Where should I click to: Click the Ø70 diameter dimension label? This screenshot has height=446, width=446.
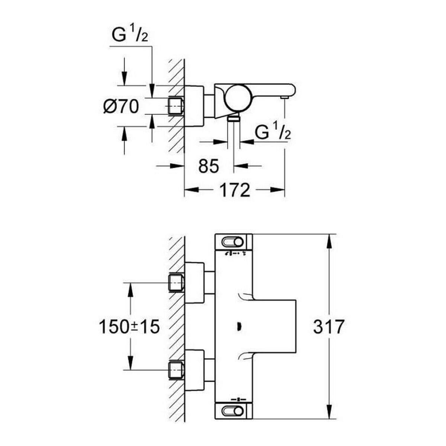(x=121, y=107)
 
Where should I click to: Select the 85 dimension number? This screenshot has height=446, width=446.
(x=209, y=166)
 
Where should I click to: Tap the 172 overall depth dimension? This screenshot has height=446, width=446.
(x=235, y=190)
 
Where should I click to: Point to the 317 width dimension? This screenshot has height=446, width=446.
(x=329, y=327)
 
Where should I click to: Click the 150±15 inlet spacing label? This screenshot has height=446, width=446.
(x=129, y=327)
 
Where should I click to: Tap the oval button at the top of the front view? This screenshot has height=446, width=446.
(x=233, y=243)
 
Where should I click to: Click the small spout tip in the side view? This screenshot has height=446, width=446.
(x=285, y=97)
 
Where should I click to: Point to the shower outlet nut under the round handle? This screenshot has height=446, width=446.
(x=233, y=118)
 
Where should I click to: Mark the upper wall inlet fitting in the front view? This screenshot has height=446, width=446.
(x=177, y=282)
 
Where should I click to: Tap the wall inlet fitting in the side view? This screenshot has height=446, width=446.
(x=177, y=107)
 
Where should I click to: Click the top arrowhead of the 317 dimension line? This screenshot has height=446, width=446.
(x=329, y=240)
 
